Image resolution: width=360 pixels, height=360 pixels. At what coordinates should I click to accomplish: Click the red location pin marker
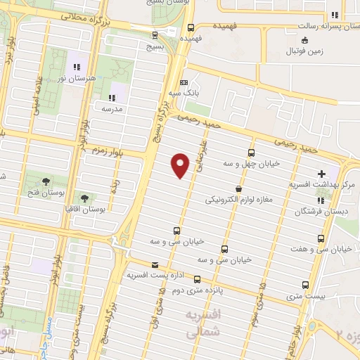click(181, 165)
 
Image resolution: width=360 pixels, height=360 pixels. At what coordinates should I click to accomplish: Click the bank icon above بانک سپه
click(184, 82)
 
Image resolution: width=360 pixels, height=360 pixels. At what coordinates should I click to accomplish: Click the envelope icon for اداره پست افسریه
click(155, 264)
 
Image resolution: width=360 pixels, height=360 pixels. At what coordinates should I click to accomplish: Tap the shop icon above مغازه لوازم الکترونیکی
click(239, 188)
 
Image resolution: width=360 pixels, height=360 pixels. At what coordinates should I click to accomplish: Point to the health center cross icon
click(322, 173)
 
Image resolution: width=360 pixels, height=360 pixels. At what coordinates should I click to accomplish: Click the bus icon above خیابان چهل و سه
click(252, 153)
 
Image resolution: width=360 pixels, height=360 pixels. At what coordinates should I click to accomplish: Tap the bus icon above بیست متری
click(305, 285)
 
